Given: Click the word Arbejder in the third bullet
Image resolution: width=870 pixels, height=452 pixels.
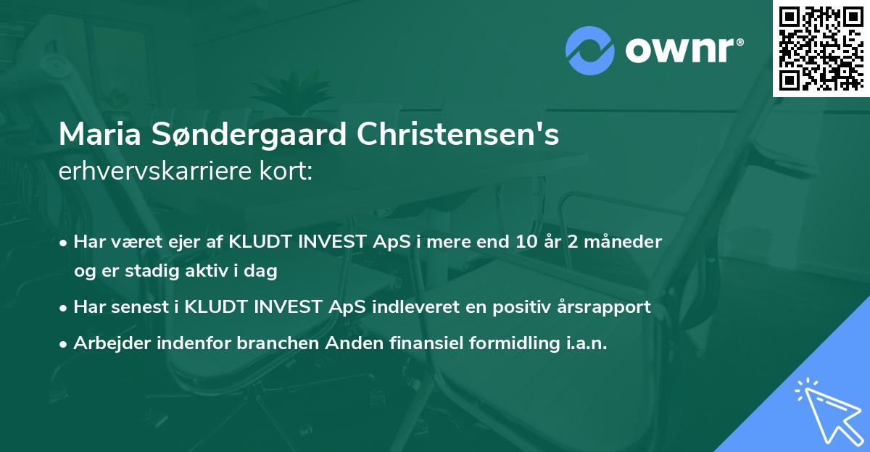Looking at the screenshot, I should [x=108, y=343].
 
